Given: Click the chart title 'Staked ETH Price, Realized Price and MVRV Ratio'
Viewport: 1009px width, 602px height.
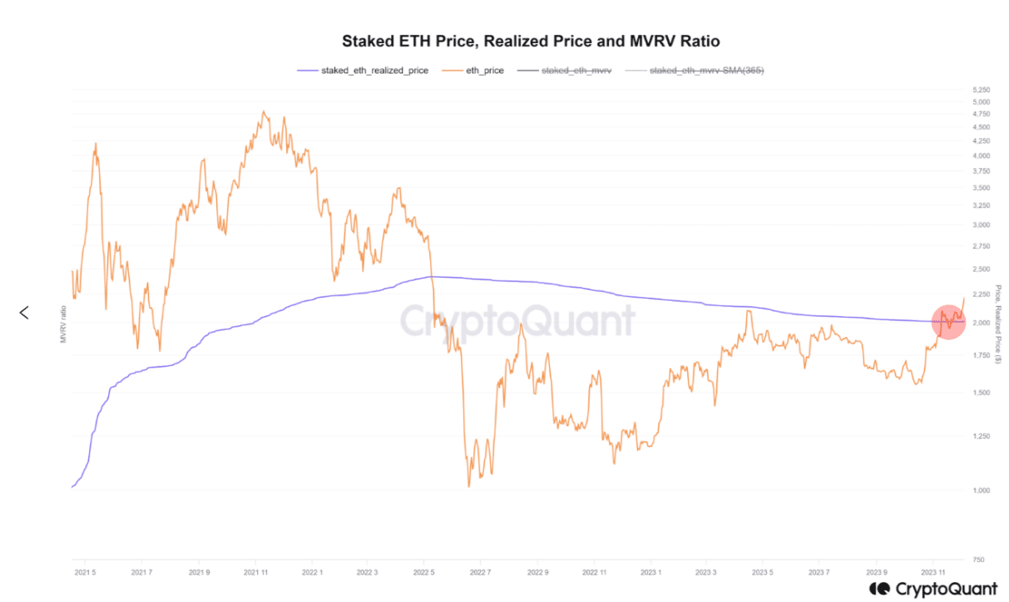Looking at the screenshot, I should tap(531, 41).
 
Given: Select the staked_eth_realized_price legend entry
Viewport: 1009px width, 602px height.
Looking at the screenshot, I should tap(363, 71).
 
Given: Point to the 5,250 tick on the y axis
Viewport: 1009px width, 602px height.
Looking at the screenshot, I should tap(982, 89).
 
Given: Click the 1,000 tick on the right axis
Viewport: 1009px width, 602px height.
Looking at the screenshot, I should tap(982, 491).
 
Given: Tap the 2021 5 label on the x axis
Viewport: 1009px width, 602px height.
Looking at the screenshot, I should tap(85, 573).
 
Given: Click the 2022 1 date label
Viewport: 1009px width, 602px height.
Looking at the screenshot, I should tap(312, 573).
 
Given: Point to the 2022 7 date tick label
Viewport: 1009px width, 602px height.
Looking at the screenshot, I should tap(481, 573).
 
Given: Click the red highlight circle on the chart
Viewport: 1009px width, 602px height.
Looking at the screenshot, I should tap(948, 322).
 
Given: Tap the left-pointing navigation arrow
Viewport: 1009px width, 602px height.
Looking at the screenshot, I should tap(24, 313).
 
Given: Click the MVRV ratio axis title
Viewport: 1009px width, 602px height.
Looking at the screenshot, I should tap(62, 324).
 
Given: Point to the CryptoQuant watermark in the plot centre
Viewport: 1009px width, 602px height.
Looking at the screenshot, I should tap(517, 321).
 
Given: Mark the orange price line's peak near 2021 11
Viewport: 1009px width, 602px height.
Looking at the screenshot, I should tap(264, 111).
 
